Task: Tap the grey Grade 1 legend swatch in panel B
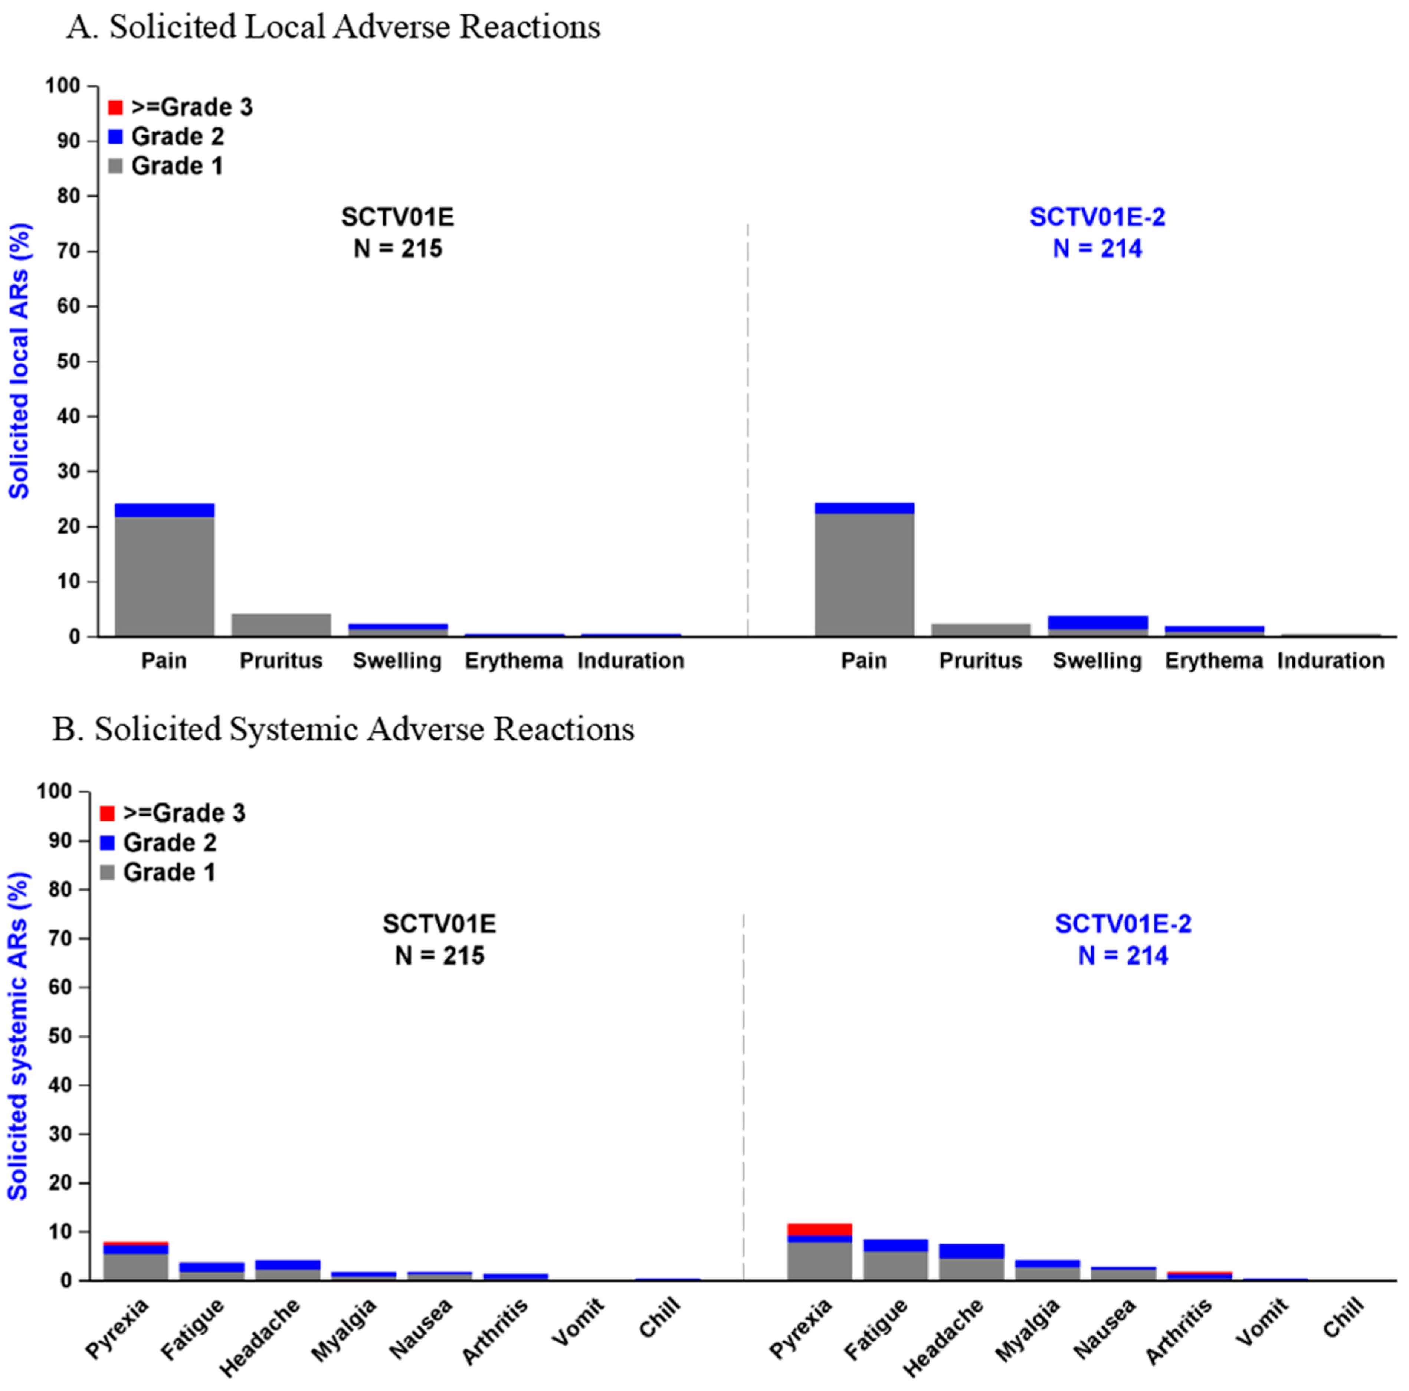[107, 873]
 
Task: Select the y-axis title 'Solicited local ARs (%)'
[20, 361]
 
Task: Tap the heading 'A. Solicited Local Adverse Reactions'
[333, 28]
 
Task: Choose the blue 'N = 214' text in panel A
[1097, 249]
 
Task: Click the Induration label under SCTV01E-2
[1330, 661]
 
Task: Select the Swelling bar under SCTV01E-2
[1098, 626]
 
